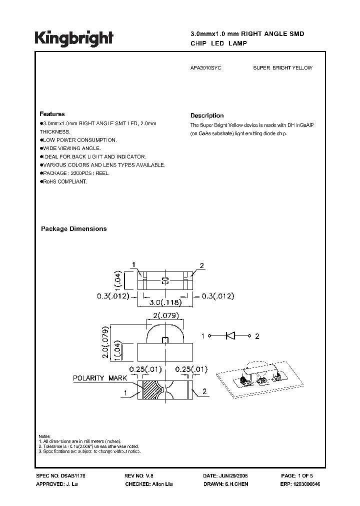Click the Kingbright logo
point(74,38)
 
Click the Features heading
point(52,114)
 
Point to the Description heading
point(207,115)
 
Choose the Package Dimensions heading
point(73,229)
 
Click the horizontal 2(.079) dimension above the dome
point(165,315)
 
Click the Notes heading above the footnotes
point(44,436)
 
